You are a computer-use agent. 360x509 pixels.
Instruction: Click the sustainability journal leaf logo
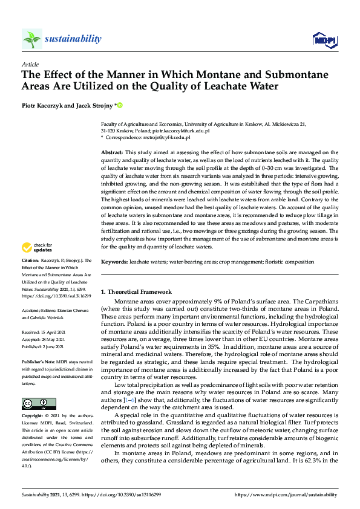[x=32, y=39]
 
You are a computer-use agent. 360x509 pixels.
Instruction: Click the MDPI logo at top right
[x=324, y=40]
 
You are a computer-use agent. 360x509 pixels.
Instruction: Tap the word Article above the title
[x=30, y=64]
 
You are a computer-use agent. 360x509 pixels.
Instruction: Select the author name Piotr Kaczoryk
[x=45, y=105]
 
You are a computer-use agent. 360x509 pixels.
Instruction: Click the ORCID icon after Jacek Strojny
[x=120, y=105]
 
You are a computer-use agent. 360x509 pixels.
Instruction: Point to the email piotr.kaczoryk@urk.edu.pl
[x=180, y=130]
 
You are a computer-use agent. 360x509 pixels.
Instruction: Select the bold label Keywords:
[x=114, y=261]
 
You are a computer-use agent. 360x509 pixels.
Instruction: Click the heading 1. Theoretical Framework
[x=136, y=292]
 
